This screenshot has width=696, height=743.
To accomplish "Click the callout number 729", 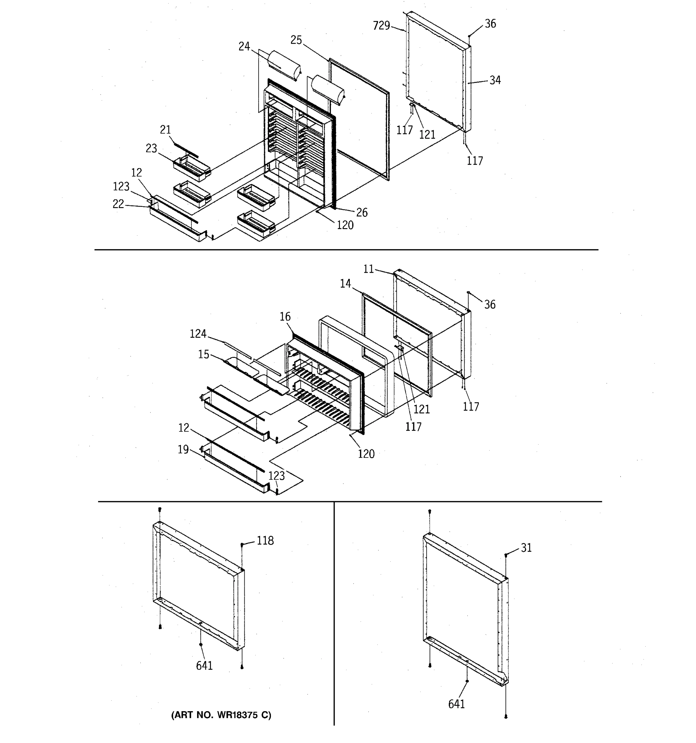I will pos(381,26).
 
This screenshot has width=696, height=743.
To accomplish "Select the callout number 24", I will pos(244,46).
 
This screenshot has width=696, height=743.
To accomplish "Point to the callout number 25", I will pos(296,40).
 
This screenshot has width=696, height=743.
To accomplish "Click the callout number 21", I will pos(165,130).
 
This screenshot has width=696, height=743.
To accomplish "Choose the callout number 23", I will pos(151,148).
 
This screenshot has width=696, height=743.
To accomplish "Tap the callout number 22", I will pos(118,204).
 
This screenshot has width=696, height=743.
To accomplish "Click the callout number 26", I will pos(362,212).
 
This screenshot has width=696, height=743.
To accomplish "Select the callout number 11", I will pos(368,269).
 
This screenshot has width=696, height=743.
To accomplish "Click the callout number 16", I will pos(285,317).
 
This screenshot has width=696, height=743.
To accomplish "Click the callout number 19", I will pos(183,449).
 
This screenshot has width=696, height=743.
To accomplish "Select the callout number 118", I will pos(265,541).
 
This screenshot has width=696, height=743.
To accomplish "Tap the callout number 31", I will pos(526,548).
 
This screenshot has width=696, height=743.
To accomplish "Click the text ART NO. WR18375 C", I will pos(221,715).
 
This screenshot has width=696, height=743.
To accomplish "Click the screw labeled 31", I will pos(506,555).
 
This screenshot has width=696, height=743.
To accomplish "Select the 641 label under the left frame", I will pos(204,665).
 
